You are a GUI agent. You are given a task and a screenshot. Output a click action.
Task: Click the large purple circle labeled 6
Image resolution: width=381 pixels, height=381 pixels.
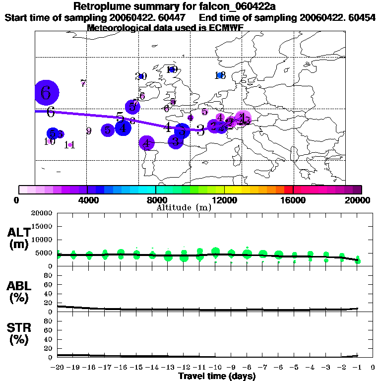(47, 92)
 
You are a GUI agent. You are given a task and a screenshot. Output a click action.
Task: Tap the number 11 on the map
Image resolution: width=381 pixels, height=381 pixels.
(69, 145)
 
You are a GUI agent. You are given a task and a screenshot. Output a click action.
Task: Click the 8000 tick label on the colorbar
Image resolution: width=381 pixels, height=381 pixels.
(156, 200)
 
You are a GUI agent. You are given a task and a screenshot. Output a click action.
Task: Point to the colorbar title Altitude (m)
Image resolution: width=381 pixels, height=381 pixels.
(184, 207)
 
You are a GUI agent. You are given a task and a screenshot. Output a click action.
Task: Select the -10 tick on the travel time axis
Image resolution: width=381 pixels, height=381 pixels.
(215, 368)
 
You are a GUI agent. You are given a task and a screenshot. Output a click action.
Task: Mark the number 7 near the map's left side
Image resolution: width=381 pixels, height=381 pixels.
(83, 83)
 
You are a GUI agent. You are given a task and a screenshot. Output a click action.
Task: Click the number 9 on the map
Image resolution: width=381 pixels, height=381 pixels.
(88, 131)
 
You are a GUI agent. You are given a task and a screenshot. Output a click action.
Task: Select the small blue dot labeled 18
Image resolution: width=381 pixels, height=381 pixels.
(220, 75)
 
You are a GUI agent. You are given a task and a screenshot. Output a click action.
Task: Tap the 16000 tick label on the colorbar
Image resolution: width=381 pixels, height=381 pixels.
(294, 200)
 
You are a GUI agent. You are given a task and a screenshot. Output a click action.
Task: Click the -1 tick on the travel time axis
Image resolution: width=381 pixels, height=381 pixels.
(357, 368)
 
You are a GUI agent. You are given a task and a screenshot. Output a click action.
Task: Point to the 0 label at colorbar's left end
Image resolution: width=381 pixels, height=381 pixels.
(18, 200)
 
